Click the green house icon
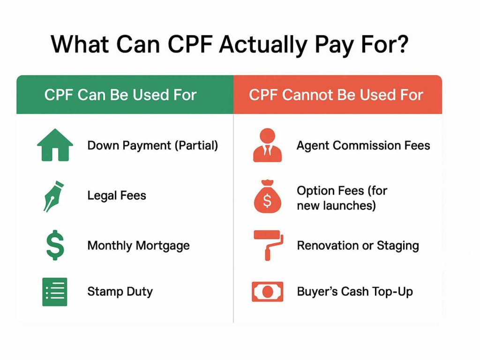click(55, 145)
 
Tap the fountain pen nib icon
click(54, 196)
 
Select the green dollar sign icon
click(55, 245)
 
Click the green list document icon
click(55, 292)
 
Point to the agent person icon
click(267, 145)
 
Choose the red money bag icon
click(267, 196)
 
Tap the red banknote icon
click(267, 292)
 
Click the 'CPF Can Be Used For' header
click(120, 95)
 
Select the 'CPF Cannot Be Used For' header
click(336, 95)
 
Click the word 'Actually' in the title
click(263, 45)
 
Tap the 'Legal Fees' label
click(117, 195)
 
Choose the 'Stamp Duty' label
click(120, 292)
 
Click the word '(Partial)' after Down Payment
click(196, 145)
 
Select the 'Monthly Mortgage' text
click(138, 246)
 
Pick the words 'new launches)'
click(336, 206)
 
